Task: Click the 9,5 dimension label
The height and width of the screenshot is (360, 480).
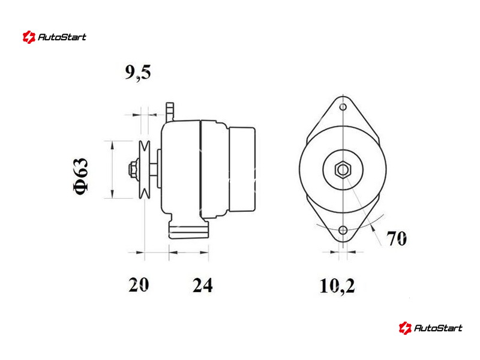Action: (138, 73)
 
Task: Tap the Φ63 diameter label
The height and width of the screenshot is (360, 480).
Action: (81, 176)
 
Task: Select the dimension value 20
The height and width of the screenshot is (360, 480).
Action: (139, 284)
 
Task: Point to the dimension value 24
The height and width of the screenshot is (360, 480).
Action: (202, 285)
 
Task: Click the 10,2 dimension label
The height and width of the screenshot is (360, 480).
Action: (337, 286)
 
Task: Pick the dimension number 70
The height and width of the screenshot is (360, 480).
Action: (397, 238)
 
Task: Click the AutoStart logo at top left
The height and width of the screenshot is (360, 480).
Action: (55, 37)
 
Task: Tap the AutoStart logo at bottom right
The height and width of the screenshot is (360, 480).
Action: (430, 328)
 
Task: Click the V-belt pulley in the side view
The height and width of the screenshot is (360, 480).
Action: (144, 169)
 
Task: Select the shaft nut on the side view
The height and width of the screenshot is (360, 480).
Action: (133, 169)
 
